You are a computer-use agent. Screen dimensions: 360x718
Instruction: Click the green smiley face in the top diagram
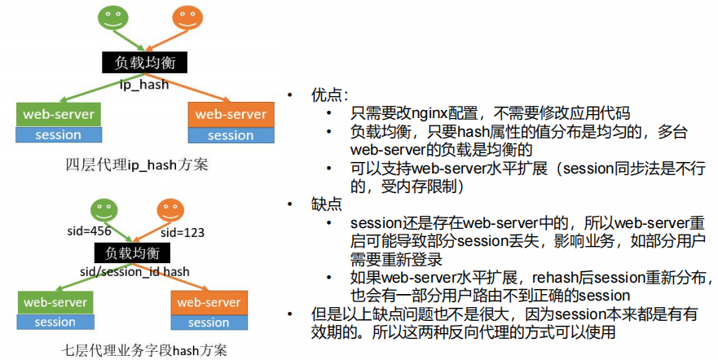coord(112,18)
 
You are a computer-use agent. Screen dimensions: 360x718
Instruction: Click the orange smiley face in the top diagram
coord(187,18)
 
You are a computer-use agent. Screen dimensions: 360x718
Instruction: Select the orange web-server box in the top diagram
coord(231,114)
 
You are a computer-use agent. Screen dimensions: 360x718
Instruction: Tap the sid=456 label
coord(89,232)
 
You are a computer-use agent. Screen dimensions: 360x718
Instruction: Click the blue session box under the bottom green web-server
coord(55,322)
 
